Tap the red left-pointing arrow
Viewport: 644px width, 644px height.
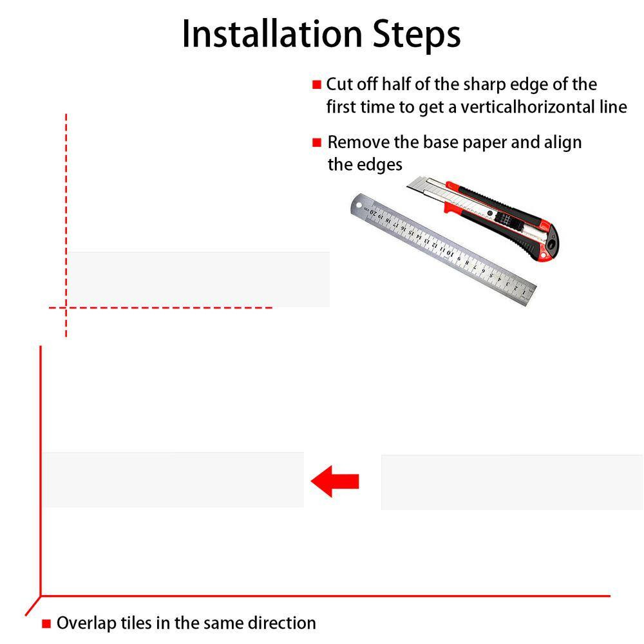(x=335, y=481)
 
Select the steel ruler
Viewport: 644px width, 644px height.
(x=443, y=249)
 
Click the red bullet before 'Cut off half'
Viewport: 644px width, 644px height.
(x=317, y=84)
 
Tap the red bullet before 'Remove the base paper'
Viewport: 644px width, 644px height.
(x=317, y=142)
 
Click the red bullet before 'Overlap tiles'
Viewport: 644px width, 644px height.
(x=46, y=624)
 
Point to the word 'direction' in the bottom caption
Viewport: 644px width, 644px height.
(x=283, y=623)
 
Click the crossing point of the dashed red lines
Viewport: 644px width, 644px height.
(x=66, y=307)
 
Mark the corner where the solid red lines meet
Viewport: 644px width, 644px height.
(x=41, y=596)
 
